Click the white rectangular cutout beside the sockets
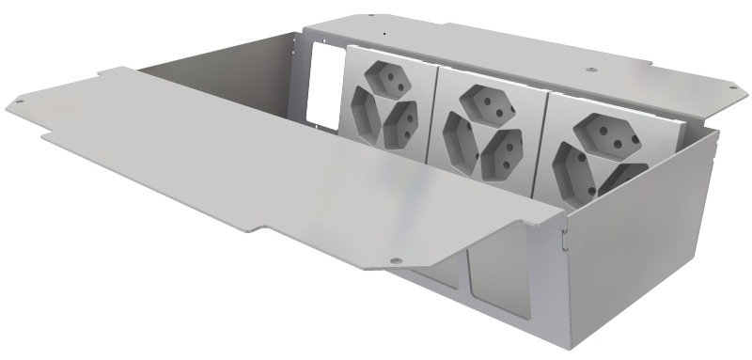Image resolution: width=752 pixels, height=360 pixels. [321, 84]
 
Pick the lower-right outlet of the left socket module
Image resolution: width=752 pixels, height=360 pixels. [401, 121]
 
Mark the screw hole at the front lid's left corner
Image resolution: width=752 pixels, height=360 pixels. [17, 100]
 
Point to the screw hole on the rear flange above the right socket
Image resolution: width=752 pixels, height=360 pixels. [589, 69]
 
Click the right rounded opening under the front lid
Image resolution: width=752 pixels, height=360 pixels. [508, 291]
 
